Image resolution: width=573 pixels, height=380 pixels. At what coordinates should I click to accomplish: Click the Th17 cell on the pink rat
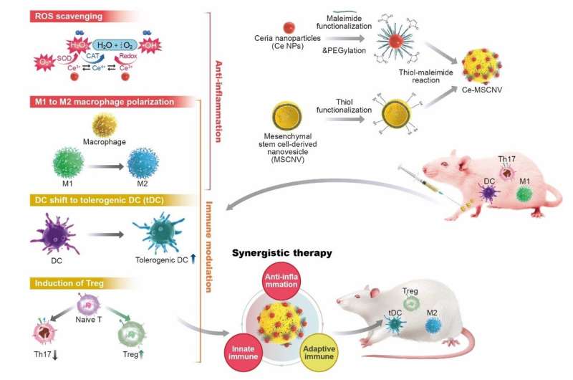tap(509, 173)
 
